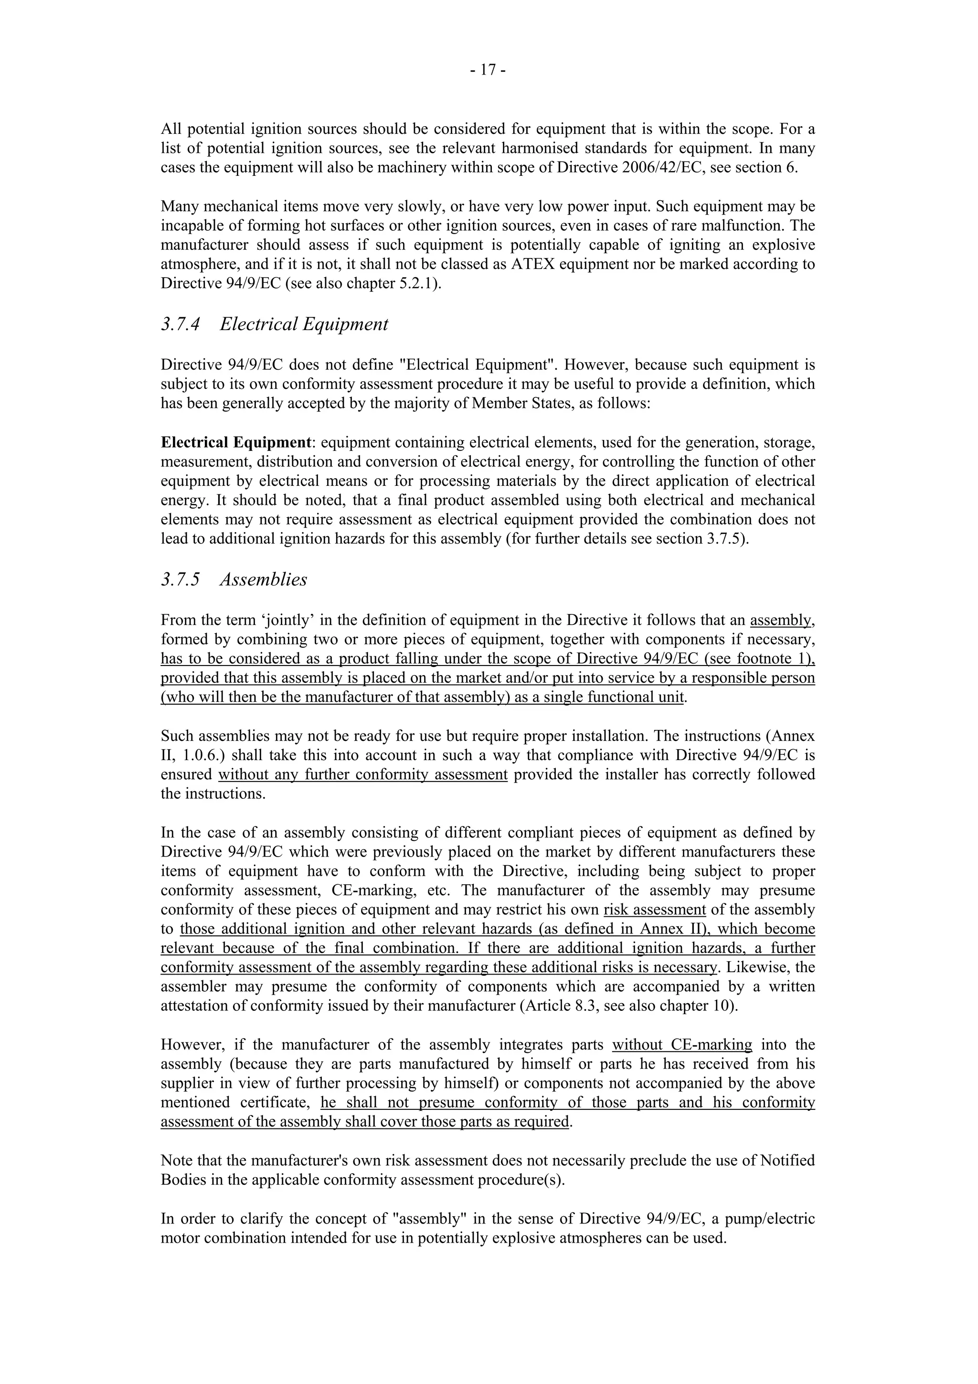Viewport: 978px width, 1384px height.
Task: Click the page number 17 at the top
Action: tap(488, 71)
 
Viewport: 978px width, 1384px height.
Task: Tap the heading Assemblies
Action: tap(263, 579)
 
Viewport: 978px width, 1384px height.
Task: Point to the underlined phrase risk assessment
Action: tap(654, 910)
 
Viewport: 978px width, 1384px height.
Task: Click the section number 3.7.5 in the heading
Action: tap(180, 579)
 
